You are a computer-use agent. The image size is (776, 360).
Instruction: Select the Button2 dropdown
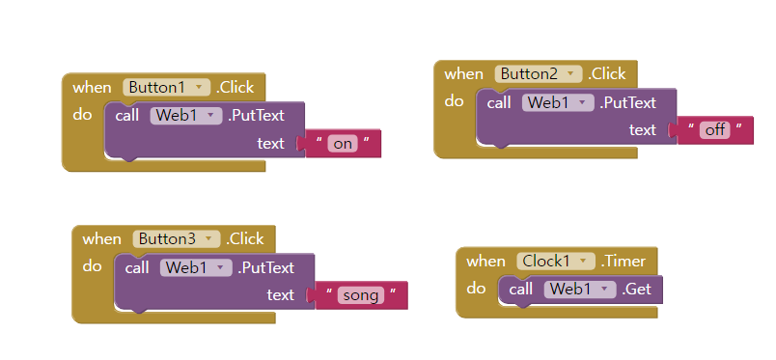pos(539,73)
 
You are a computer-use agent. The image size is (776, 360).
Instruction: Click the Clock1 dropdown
pos(556,261)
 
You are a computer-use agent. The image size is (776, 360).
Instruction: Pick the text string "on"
pos(342,144)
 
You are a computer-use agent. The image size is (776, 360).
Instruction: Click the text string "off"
pos(714,129)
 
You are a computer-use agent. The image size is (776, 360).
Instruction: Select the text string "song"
pos(361,295)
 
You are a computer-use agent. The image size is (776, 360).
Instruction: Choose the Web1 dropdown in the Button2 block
pos(558,102)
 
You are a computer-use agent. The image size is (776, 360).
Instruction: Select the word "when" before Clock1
pos(485,261)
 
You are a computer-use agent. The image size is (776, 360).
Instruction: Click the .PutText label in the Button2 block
pos(628,102)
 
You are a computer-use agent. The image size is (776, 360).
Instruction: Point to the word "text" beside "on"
pos(270,143)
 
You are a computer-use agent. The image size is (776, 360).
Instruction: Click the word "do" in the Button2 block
pos(454,100)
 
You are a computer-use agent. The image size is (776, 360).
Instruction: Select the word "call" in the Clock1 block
pos(521,289)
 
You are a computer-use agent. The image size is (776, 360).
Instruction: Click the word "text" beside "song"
pos(281,294)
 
